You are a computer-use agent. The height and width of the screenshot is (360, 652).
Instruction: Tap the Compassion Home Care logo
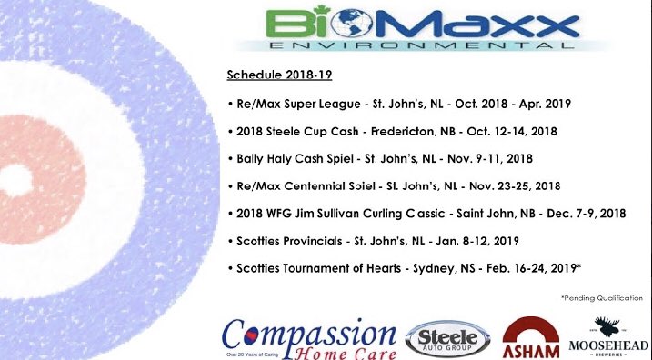tap(309, 333)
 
